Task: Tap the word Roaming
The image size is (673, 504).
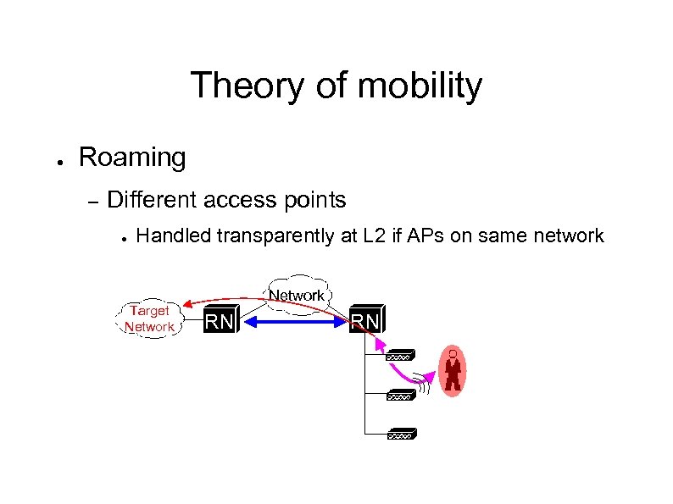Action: click(x=131, y=157)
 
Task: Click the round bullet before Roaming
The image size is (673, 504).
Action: click(x=52, y=160)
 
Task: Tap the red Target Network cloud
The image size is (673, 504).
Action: click(x=149, y=318)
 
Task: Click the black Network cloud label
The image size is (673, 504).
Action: click(x=297, y=294)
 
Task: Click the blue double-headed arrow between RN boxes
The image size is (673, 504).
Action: click(x=295, y=322)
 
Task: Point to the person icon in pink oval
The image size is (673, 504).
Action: click(x=454, y=371)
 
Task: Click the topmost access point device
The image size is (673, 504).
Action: click(x=400, y=357)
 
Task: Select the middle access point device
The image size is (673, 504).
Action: click(x=400, y=395)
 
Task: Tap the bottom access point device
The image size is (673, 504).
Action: click(x=400, y=434)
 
